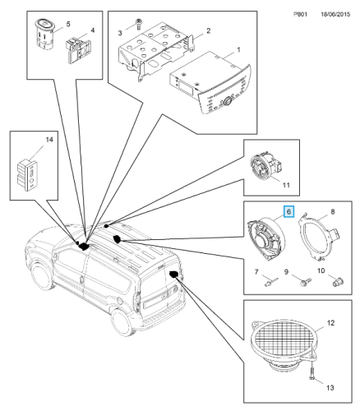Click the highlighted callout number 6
coord(288,211)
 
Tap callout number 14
coord(49,140)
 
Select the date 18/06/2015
coord(335,14)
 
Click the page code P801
coord(300,14)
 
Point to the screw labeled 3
coord(139,24)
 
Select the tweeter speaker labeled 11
coord(267,167)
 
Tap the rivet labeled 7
coord(271,282)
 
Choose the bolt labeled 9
coord(306,282)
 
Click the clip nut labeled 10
coord(339,281)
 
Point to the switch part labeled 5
coord(44,35)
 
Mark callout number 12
coord(331,323)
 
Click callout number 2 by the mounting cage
coord(208,30)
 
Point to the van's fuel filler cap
coord(120,301)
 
